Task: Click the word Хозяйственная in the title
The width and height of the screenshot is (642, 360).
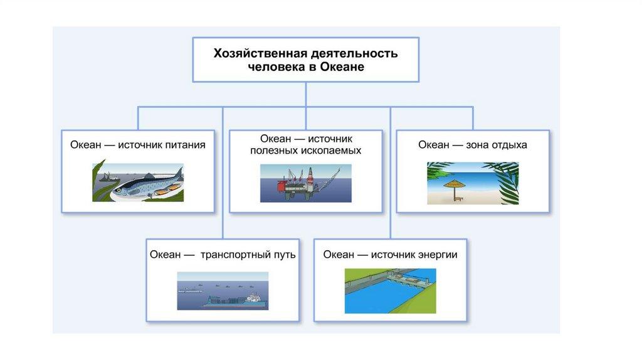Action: (x=260, y=53)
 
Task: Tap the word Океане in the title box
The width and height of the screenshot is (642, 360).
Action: (x=342, y=66)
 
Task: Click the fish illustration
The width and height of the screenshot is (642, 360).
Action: (x=138, y=183)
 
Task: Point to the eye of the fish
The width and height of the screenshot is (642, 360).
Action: (x=118, y=190)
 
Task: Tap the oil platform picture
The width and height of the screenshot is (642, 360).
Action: (x=306, y=183)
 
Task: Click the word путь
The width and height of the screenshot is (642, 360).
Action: (x=285, y=255)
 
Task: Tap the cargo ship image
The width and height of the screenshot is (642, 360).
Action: (x=223, y=291)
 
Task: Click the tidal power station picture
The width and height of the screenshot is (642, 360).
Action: (x=390, y=291)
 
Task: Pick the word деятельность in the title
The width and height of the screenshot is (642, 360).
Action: (x=354, y=53)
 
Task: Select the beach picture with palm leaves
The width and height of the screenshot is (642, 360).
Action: (x=473, y=183)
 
